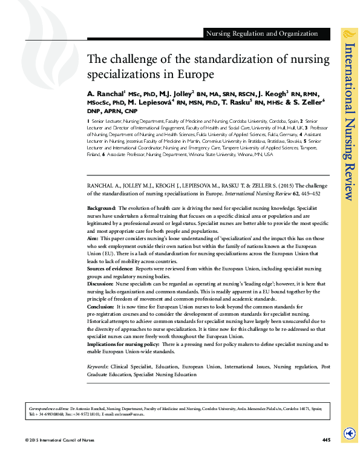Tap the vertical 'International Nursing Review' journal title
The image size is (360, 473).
(x=349, y=121)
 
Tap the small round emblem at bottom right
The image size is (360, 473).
(x=349, y=433)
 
